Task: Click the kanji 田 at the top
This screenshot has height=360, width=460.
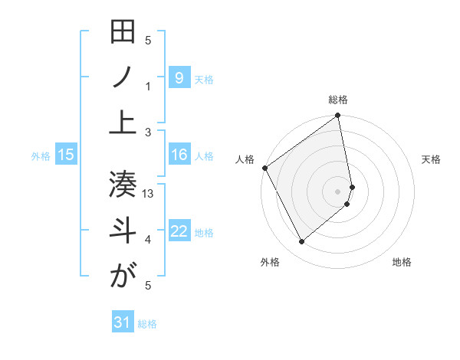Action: [123, 33]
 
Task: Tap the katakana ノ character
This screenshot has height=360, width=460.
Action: [123, 77]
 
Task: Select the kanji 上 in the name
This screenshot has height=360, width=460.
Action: [123, 123]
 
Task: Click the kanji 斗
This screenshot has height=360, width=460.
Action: [123, 231]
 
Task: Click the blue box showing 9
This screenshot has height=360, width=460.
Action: [179, 77]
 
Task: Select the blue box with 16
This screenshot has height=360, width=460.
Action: [179, 155]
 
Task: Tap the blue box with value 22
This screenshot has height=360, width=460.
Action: [179, 231]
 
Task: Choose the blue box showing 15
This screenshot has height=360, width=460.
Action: [66, 155]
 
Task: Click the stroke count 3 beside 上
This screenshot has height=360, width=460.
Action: [148, 132]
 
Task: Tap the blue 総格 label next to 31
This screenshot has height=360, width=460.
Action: [147, 324]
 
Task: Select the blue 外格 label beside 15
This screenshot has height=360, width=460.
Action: [41, 156]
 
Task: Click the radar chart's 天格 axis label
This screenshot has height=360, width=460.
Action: [432, 159]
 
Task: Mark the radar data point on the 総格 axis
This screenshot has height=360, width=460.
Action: [338, 116]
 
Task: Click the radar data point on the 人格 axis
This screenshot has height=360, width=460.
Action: [265, 168]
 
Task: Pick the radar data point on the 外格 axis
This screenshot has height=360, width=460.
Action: [302, 242]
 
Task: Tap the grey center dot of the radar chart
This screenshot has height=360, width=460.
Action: [338, 191]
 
